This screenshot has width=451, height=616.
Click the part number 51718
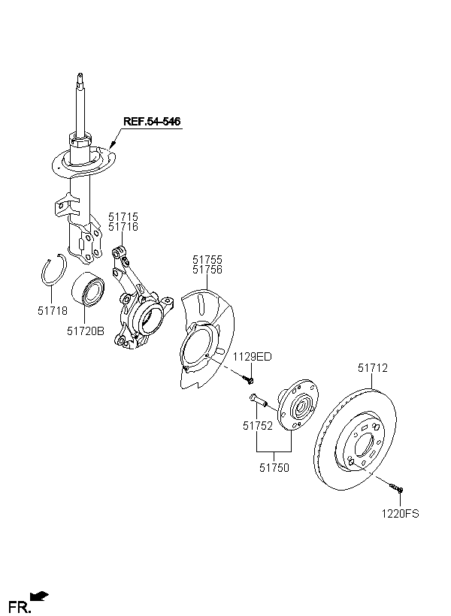coord(53,311)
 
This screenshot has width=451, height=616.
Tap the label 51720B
coord(86,331)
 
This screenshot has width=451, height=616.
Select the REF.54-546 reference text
coord(152,122)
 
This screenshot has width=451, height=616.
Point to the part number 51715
coord(123,217)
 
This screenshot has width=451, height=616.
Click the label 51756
coord(207,270)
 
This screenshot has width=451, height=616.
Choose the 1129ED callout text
coord(253,357)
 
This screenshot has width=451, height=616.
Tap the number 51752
coord(258,426)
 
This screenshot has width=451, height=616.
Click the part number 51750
coord(274,468)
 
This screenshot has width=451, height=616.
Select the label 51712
coord(372,368)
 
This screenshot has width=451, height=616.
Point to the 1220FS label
coord(401,514)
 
